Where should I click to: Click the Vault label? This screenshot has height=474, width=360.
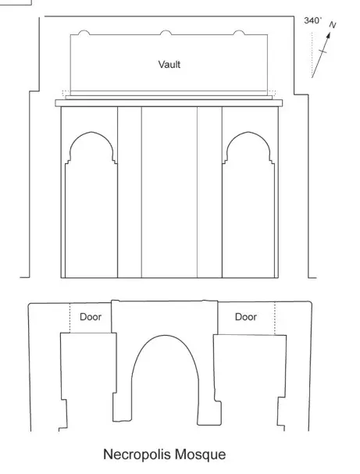(x=169, y=64)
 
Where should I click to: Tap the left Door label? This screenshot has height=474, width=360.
(x=91, y=317)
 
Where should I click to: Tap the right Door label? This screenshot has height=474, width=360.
(x=246, y=317)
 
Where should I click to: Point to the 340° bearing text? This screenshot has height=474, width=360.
(x=313, y=20)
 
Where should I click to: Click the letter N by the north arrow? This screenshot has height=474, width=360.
(x=333, y=25)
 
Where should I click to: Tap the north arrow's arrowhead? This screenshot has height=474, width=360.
(x=328, y=35)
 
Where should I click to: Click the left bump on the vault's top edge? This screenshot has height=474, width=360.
(x=84, y=32)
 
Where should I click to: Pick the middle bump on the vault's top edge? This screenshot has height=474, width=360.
(x=166, y=32)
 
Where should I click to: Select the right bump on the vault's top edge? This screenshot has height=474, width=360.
(x=239, y=32)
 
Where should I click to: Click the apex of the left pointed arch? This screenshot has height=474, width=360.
(x=91, y=132)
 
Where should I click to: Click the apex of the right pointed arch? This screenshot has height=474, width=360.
(x=248, y=132)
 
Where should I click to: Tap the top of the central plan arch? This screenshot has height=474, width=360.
(x=165, y=335)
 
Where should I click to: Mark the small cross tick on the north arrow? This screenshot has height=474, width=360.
(x=323, y=51)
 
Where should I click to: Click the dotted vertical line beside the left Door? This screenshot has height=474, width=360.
(x=70, y=318)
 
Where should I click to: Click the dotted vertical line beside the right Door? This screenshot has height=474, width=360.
(x=275, y=319)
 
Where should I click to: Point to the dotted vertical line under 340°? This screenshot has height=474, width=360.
(x=312, y=55)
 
